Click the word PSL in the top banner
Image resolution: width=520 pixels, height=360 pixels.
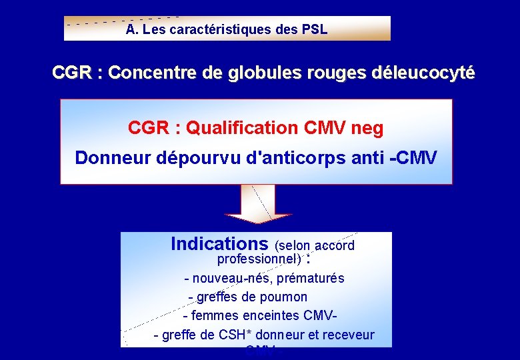(315, 30)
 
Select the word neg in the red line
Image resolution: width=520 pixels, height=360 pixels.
(368, 128)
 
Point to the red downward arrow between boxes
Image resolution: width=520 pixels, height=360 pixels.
(259, 204)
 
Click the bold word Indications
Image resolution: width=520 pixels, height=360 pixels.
(219, 244)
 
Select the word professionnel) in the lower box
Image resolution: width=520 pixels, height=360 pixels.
(259, 258)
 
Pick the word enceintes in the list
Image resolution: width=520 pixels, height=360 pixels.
(273, 315)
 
